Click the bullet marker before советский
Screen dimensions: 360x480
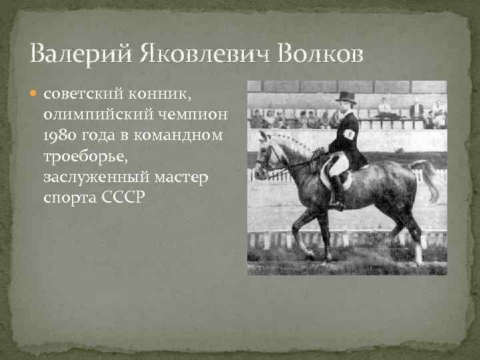click(x=36, y=95)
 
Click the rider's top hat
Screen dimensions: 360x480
click(x=345, y=97)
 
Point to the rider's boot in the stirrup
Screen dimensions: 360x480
click(x=337, y=200)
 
